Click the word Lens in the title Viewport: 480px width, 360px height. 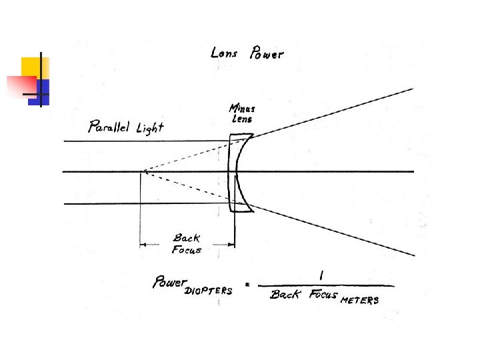224,53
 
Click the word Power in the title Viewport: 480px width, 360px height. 266,54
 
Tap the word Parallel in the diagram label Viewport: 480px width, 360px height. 107,127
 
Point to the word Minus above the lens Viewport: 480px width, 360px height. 241,109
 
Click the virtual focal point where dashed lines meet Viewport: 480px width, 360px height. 141,172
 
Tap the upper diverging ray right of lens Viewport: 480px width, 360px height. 333,112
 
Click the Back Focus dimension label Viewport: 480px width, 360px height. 187,244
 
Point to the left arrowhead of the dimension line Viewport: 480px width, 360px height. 143,246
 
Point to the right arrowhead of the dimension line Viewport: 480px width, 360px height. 231,246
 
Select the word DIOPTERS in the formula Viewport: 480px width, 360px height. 209,291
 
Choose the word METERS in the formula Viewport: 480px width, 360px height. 359,300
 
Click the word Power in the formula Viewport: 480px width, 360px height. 169,282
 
